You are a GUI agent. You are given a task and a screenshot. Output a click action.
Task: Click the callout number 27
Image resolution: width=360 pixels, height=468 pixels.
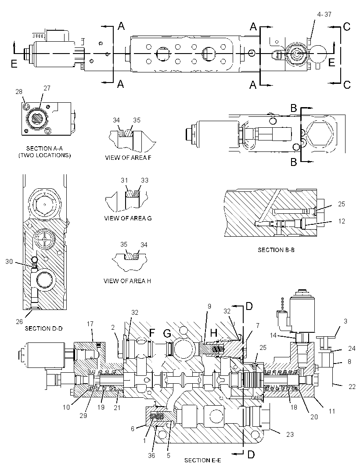click(x=47, y=88)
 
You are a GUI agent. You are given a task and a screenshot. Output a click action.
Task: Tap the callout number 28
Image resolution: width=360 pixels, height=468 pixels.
click(x=19, y=92)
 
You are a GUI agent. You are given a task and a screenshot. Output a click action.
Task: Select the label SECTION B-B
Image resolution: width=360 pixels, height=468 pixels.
click(x=276, y=250)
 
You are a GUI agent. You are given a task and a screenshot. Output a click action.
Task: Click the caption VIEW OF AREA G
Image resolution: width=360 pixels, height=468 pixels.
click(x=128, y=218)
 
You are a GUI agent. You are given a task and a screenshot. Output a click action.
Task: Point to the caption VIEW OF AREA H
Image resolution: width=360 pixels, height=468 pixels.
click(x=127, y=281)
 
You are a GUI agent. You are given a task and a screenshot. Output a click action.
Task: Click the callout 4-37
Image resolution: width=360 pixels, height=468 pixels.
click(x=324, y=14)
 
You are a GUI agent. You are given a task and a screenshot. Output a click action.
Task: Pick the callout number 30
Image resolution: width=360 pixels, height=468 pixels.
click(x=9, y=262)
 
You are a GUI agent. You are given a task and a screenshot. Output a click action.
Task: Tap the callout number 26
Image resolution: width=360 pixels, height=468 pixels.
click(x=19, y=321)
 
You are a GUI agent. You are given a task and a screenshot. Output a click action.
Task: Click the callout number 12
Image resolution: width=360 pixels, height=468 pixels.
click(x=341, y=221)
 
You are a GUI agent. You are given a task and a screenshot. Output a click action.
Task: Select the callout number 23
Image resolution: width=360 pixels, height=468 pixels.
click(x=290, y=435)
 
